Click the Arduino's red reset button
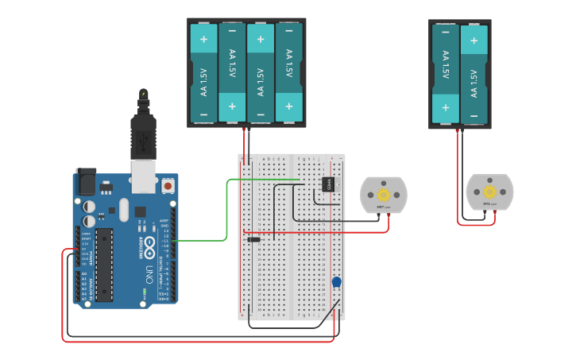pos(168,186)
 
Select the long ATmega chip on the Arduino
pos(106,265)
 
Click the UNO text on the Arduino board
pos(149,275)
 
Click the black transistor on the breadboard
pos(326,184)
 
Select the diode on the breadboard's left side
pos(253,239)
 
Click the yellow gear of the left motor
pos(384,195)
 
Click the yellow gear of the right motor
pos(489,192)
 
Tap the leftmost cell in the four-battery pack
pos(204,73)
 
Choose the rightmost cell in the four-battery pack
pos(289,73)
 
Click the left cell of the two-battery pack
pos(446,73)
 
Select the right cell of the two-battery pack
pos(474,73)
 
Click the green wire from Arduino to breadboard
pos(227,211)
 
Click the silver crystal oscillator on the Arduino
pos(123,210)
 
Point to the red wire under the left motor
pos(365,232)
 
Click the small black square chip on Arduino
pos(140,211)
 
